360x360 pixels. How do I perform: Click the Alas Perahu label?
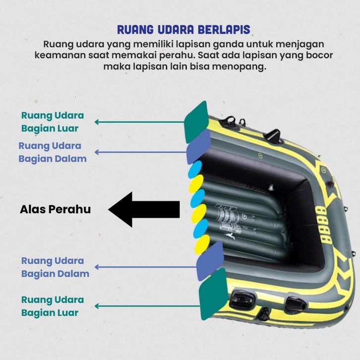tap(55, 209)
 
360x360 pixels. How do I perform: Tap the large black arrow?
tap(144, 209)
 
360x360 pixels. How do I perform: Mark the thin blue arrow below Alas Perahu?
tap(144, 267)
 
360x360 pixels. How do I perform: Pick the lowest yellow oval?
tap(202, 243)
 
